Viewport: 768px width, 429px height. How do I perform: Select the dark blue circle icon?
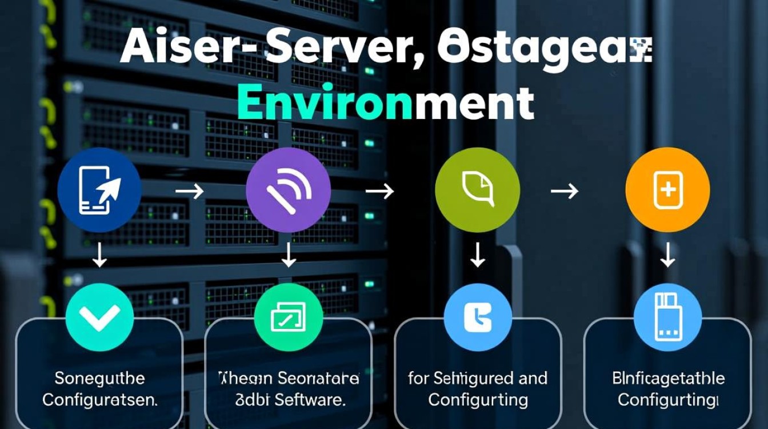pyautogui.click(x=100, y=190)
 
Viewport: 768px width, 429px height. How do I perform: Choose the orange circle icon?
pyautogui.click(x=667, y=190)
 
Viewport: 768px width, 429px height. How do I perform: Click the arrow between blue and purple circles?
pyautogui.click(x=189, y=191)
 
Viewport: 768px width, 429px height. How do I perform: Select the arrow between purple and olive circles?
pyautogui.click(x=380, y=191)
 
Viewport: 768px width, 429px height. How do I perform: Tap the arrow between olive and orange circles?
pyautogui.click(x=565, y=191)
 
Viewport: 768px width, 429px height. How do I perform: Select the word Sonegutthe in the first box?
pyautogui.click(x=100, y=378)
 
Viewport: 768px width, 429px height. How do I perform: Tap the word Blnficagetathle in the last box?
pyautogui.click(x=668, y=378)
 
